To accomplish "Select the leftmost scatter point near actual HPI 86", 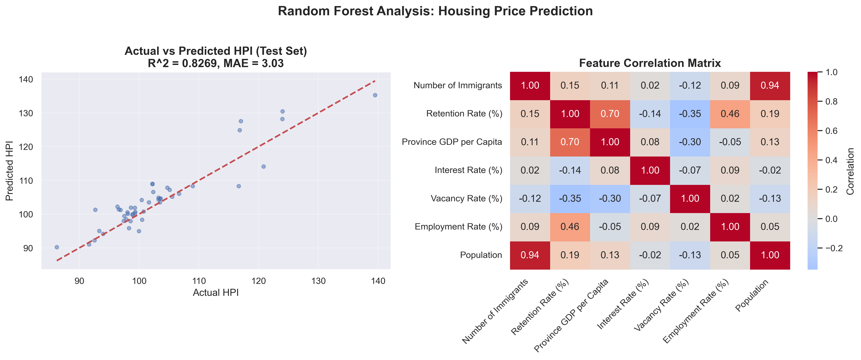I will (x=57, y=247).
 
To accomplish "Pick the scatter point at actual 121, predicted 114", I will (x=263, y=166).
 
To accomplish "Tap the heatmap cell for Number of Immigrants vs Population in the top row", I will (x=770, y=85).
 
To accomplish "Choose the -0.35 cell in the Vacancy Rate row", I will (x=570, y=199).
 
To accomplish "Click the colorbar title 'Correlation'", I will (x=851, y=171).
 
